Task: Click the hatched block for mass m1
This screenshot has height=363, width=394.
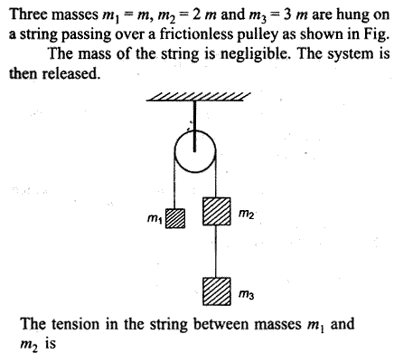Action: [x=175, y=218]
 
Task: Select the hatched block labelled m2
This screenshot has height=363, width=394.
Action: [x=217, y=211]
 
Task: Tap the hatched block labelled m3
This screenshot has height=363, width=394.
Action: [x=217, y=291]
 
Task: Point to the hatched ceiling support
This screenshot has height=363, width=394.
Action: [x=198, y=97]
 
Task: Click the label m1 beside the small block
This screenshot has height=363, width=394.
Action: [x=155, y=218]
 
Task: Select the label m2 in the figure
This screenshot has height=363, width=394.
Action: [x=246, y=214]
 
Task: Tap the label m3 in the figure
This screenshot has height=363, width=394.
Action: [x=246, y=294]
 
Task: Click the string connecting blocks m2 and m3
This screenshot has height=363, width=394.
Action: [x=216, y=251]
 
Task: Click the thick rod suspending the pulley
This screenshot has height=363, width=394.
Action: [x=194, y=126]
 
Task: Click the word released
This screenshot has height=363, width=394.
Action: [x=70, y=73]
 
